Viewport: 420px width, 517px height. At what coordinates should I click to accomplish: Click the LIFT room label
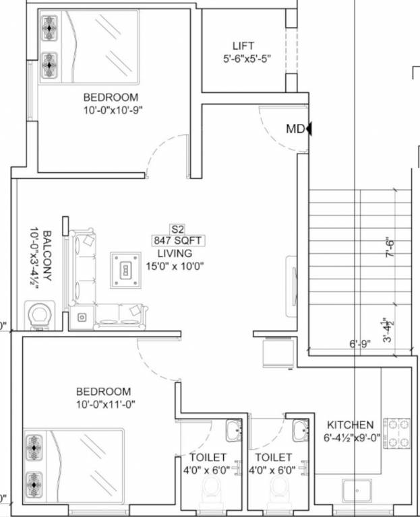coord(243,46)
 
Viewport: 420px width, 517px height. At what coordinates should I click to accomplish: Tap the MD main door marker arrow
coord(309,129)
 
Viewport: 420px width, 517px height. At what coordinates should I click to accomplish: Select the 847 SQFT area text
coord(178,240)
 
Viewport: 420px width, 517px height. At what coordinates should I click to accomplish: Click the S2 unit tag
coord(177,229)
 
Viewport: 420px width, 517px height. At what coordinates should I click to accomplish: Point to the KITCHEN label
coord(350,425)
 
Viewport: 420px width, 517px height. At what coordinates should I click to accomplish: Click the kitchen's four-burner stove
coord(396,434)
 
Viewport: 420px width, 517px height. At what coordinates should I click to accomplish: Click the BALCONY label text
coord(47,256)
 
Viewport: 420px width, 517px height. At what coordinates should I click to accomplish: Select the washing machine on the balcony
coord(40,316)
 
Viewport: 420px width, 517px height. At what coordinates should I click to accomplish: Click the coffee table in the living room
coord(126,271)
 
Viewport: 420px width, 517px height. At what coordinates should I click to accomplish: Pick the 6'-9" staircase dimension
coord(360,344)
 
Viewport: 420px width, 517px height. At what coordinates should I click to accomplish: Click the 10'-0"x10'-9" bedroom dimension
coord(113,110)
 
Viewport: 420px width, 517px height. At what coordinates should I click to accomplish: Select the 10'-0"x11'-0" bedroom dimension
coord(106,404)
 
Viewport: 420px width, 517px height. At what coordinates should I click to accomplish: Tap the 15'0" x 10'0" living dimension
coord(175,266)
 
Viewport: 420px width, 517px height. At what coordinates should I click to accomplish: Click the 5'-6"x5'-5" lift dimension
coord(247,59)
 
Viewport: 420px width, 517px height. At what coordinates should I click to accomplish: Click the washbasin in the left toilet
coord(234,431)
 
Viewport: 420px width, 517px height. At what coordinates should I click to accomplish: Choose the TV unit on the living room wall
coord(291,286)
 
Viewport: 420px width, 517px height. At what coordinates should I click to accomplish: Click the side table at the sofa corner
coord(82,317)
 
